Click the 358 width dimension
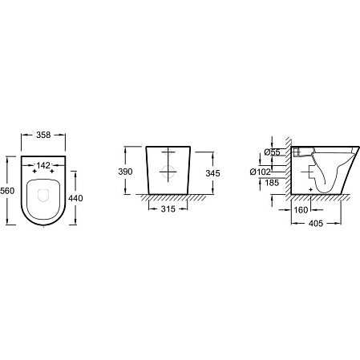43,135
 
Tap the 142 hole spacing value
43,166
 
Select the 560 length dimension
7,191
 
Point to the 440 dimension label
75,198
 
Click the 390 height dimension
125,172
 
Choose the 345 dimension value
212,173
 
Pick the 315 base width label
168,209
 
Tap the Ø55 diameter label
272,152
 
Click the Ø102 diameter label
261,172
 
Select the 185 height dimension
272,183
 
